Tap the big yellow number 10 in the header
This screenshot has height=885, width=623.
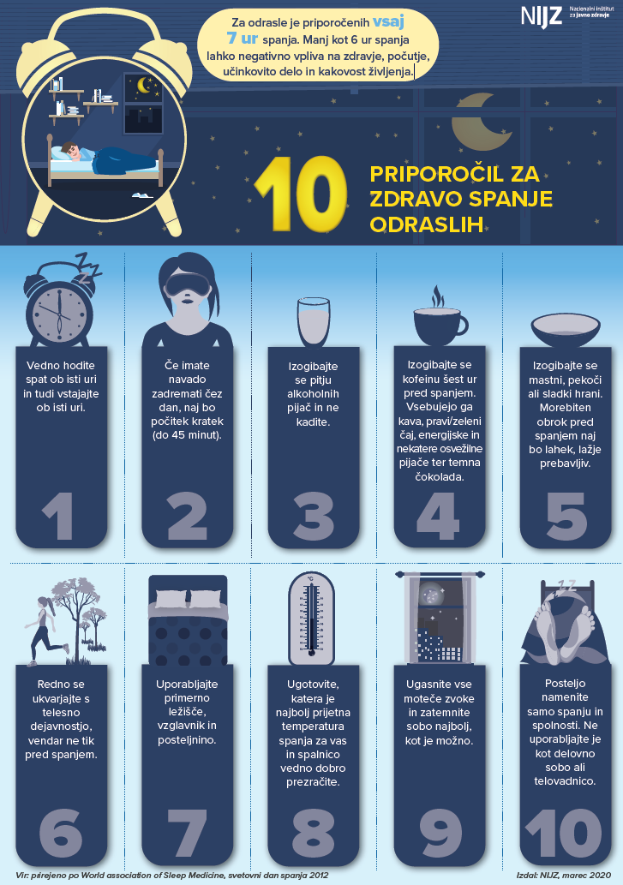click(x=300, y=194)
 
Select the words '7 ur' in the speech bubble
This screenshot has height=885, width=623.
click(x=243, y=39)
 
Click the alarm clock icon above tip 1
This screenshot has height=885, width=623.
click(x=59, y=302)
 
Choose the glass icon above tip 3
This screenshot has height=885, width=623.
click(x=313, y=322)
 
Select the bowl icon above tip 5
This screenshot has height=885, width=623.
click(x=565, y=330)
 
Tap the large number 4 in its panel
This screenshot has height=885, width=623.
click(x=437, y=516)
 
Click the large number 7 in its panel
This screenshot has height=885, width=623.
click(x=188, y=833)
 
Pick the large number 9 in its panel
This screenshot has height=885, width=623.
click(x=440, y=833)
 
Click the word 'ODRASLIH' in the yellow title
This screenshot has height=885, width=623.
click(x=427, y=224)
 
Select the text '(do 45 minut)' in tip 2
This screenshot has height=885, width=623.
click(x=187, y=435)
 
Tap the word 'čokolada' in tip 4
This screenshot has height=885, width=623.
click(x=439, y=476)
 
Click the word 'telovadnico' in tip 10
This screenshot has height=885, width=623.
click(x=565, y=781)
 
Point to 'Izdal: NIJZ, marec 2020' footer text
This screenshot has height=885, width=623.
click(x=563, y=875)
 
